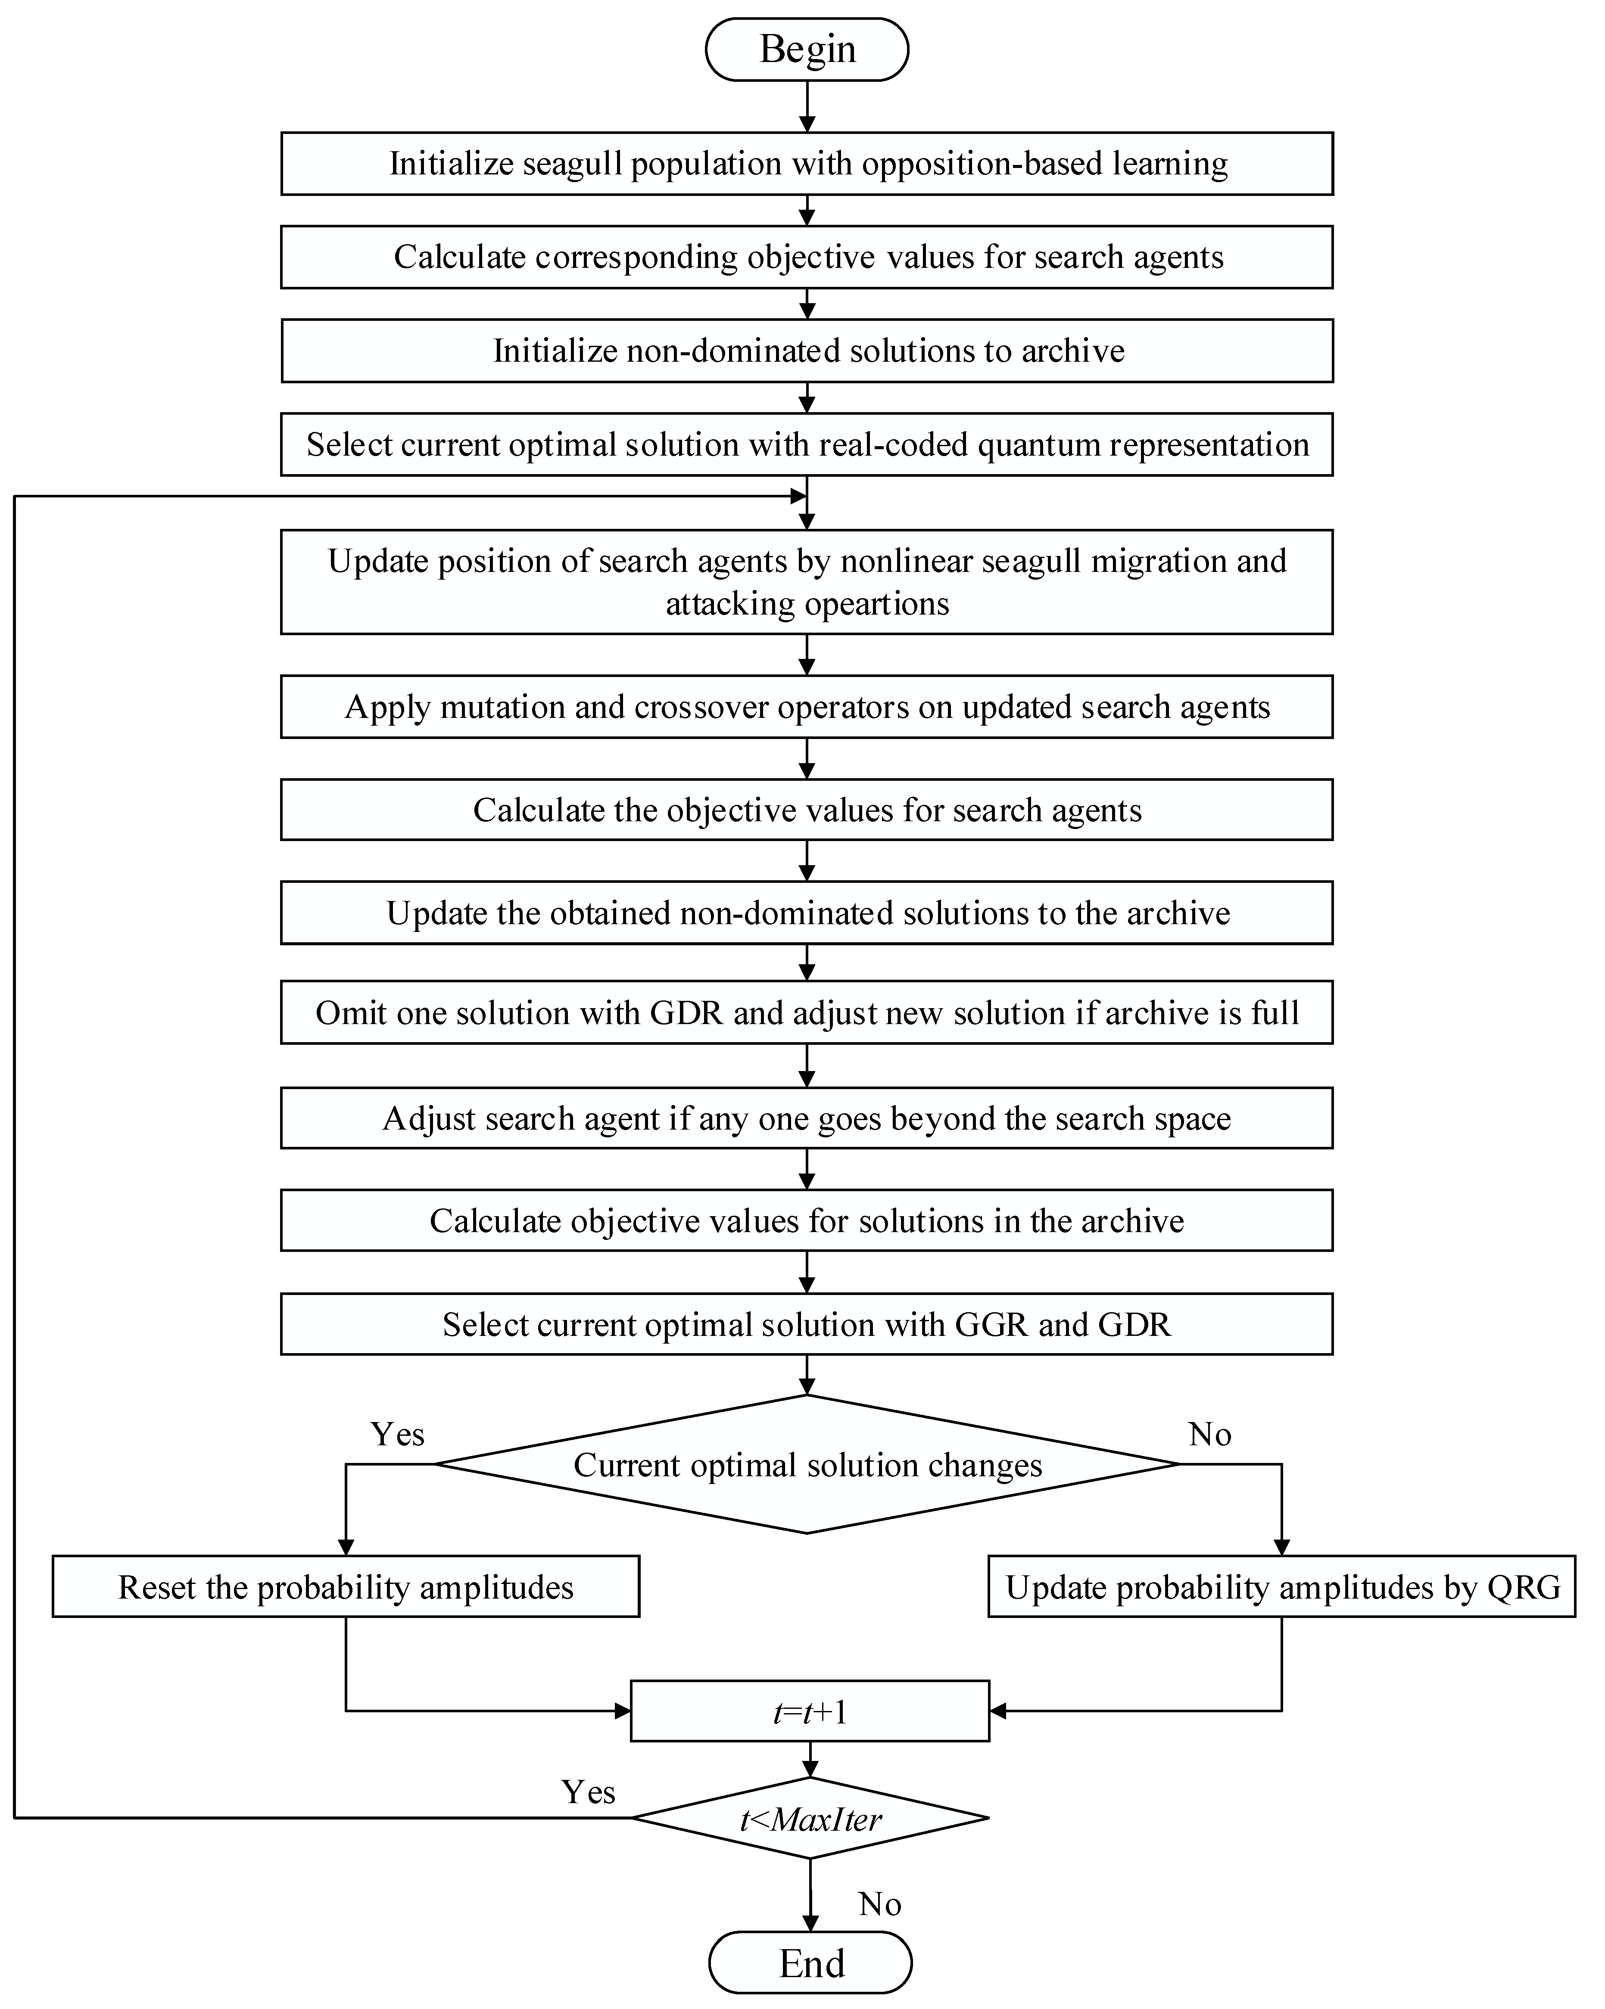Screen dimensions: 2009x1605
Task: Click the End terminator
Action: pyautogui.click(x=810, y=1962)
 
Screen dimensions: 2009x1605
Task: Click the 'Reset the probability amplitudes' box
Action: pyautogui.click(x=346, y=1587)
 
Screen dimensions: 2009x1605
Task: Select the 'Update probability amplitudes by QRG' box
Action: pyautogui.click(x=1281, y=1587)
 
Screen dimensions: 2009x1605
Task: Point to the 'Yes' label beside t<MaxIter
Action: pyautogui.click(x=588, y=1791)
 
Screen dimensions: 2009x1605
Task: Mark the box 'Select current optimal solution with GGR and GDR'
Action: pyautogui.click(x=807, y=1324)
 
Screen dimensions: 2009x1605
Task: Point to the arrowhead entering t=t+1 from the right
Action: pyautogui.click(x=997, y=1711)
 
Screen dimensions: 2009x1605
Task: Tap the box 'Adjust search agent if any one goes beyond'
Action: pyautogui.click(x=807, y=1118)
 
